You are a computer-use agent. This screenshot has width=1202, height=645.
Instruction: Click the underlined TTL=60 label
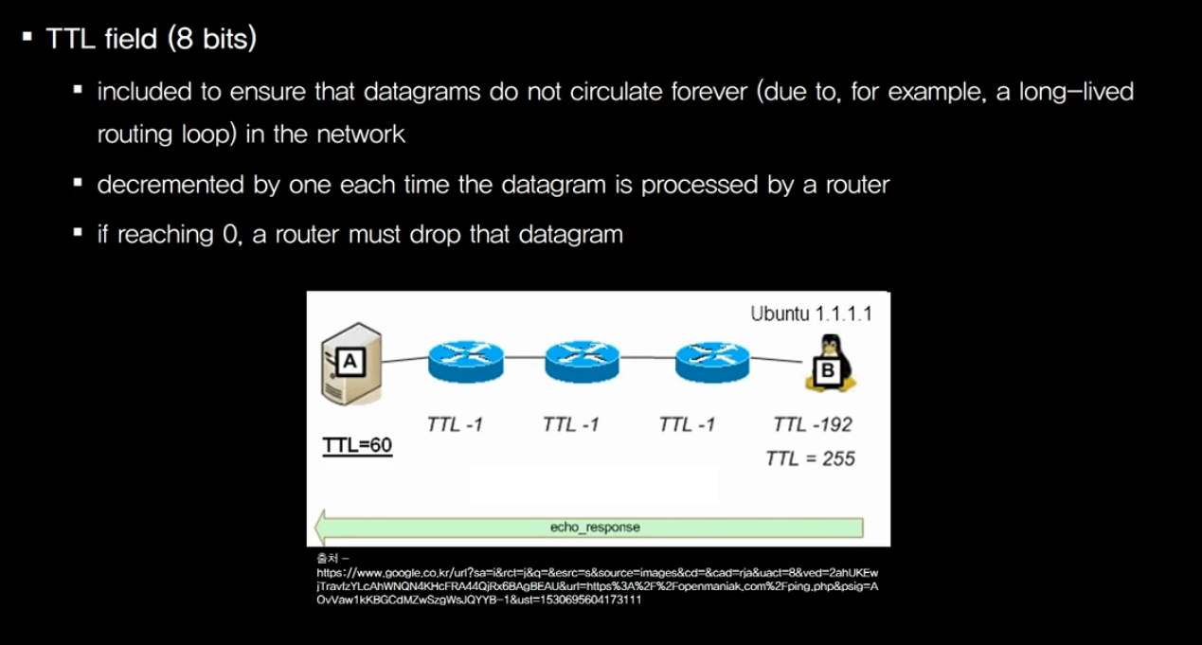(x=357, y=446)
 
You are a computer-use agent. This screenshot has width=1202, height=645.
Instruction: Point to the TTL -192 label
(x=812, y=423)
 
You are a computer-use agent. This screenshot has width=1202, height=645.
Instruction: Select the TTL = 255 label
(x=810, y=458)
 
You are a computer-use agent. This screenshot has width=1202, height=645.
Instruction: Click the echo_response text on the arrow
(x=594, y=527)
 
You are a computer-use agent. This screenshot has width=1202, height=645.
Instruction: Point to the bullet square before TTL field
(x=27, y=41)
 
